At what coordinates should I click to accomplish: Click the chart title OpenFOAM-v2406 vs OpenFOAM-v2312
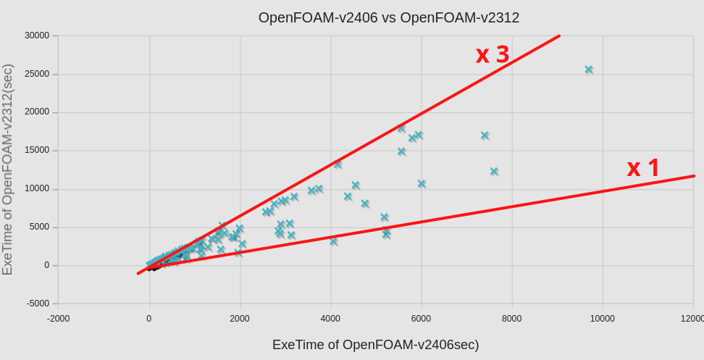389,17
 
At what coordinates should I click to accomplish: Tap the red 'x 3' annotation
493,54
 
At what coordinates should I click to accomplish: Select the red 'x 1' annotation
643,168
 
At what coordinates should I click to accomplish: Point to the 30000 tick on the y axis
37,35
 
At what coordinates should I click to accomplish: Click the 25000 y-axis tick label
37,74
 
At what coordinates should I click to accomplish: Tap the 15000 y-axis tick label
37,151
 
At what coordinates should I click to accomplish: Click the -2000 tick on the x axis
59,319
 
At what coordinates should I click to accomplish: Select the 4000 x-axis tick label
330,319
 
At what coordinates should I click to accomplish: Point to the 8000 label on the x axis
511,319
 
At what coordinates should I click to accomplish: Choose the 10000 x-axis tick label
602,319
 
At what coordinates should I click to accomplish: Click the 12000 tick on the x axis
692,319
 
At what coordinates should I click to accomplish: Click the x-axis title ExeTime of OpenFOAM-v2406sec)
375,345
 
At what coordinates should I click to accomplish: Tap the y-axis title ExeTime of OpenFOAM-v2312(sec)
8,169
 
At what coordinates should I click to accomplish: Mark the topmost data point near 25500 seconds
589,70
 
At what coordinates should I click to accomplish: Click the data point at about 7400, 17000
485,135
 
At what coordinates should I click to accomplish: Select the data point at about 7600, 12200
494,172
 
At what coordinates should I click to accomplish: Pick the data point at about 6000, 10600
422,184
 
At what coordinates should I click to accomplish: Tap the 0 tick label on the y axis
46,265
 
